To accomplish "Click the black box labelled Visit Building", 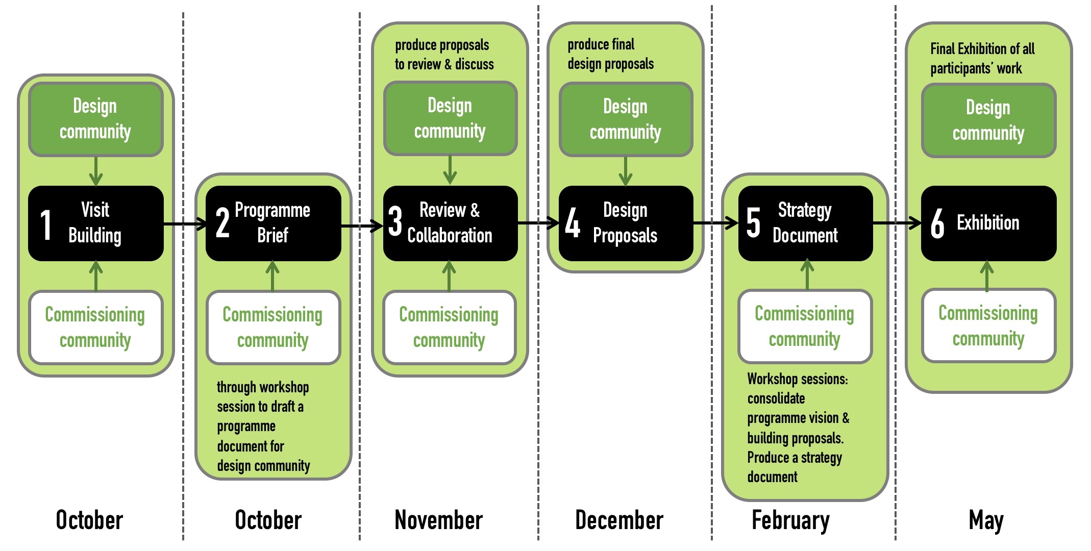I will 96,223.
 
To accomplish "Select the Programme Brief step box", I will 273,223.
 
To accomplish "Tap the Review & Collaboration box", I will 450,223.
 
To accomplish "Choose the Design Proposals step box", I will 626,223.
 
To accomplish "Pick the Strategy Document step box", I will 805,223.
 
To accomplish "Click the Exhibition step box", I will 988,223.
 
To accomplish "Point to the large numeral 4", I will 573,223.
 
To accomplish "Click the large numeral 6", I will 937,223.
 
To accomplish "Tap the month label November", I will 438,520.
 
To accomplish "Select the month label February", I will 790,520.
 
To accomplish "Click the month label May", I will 986,520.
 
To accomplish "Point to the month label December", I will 619,520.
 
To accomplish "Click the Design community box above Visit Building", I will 96,119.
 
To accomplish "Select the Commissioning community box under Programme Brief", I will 273,327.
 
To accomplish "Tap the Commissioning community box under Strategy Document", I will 805,326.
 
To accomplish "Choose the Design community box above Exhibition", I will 988,120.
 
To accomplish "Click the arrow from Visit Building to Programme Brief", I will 185,223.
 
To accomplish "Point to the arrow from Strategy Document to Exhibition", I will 897,223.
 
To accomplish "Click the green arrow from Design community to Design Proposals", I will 626,171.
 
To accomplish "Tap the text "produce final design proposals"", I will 610,54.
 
